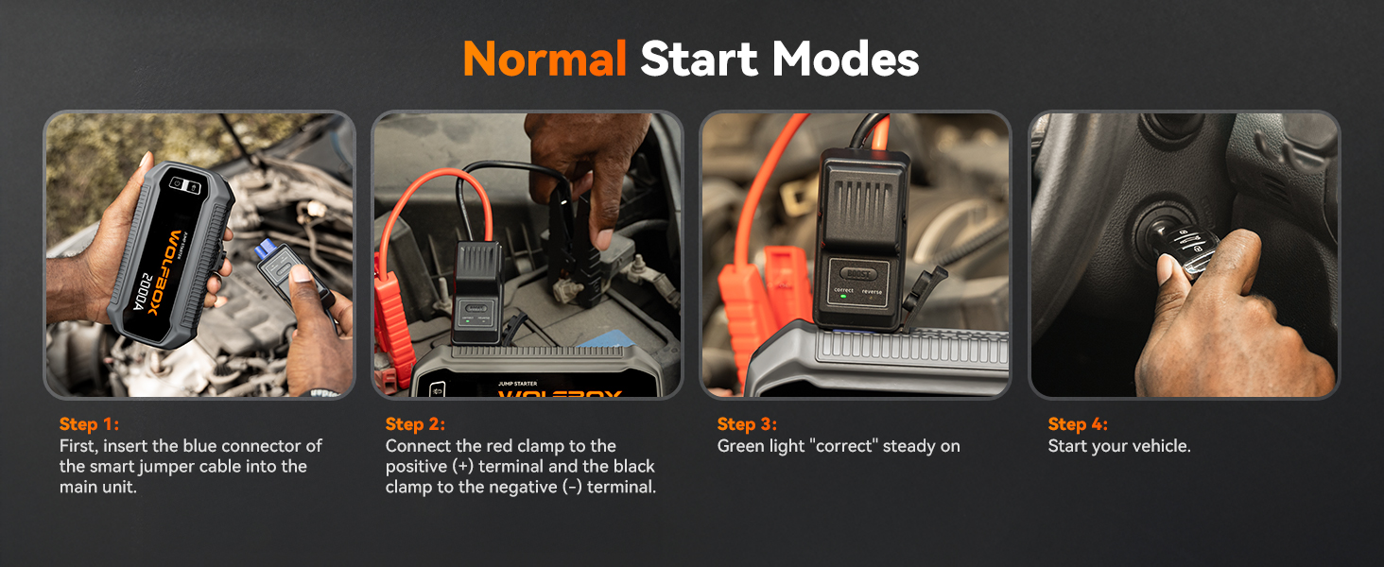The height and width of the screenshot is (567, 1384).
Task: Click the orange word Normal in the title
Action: [x=545, y=60]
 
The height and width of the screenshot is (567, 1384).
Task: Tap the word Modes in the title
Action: [x=845, y=60]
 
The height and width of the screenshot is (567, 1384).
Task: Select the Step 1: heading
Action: [x=89, y=424]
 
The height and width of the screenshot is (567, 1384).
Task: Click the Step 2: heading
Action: [x=415, y=424]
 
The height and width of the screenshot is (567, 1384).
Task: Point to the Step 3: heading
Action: [x=747, y=424]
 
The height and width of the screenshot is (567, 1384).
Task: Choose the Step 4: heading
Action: [x=1078, y=424]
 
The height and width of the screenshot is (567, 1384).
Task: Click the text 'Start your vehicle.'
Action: [x=1119, y=446]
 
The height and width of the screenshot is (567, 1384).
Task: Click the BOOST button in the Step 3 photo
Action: [x=858, y=271]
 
